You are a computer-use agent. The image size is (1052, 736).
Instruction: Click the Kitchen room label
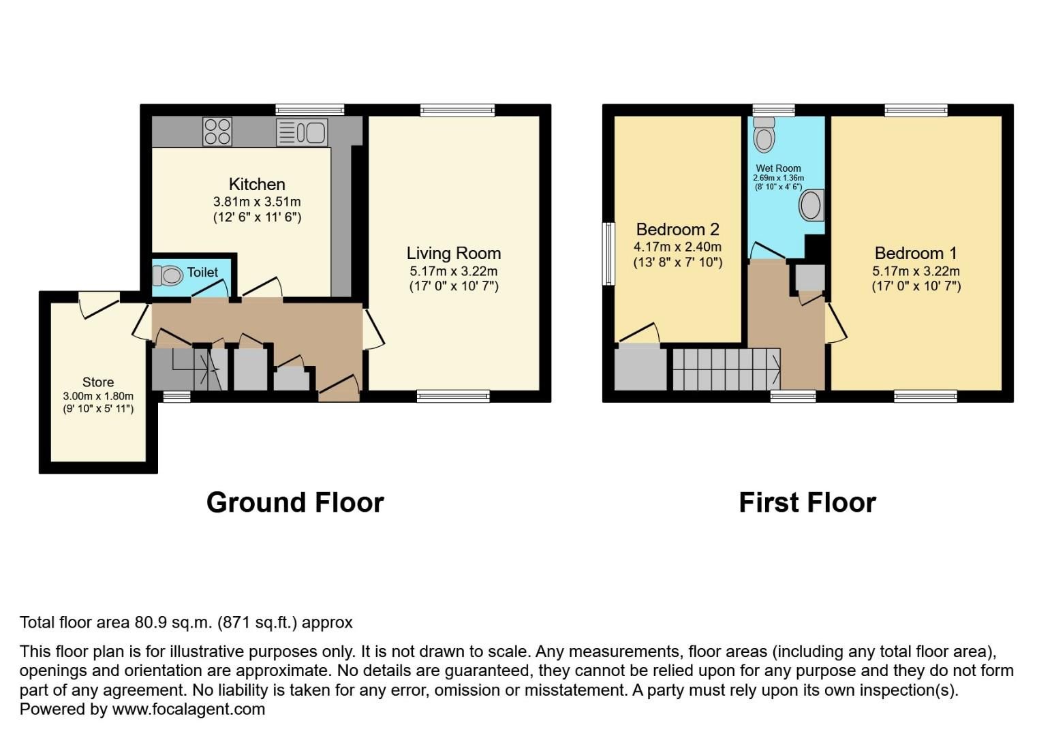pyautogui.click(x=257, y=185)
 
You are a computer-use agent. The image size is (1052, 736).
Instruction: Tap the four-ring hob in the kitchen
pyautogui.click(x=217, y=132)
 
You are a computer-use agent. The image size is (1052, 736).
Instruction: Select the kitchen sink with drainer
pyautogui.click(x=302, y=132)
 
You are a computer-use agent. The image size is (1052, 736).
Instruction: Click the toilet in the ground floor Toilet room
pyautogui.click(x=168, y=275)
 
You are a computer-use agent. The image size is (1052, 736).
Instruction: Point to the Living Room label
pyautogui.click(x=454, y=254)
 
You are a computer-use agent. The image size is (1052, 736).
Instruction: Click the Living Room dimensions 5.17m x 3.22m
pyautogui.click(x=454, y=271)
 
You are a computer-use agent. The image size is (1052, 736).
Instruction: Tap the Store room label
pyautogui.click(x=98, y=382)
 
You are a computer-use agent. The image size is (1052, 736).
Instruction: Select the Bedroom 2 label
pyautogui.click(x=677, y=230)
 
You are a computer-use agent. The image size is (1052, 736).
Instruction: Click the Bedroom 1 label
pyautogui.click(x=916, y=254)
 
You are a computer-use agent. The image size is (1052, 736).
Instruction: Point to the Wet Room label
pyautogui.click(x=778, y=168)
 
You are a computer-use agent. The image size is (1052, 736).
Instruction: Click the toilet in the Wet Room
pyautogui.click(x=764, y=136)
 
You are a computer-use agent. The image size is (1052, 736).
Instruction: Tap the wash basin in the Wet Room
pyautogui.click(x=811, y=205)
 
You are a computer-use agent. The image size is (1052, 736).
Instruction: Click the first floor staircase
pyautogui.click(x=725, y=369)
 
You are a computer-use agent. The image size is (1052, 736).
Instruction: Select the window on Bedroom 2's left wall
pyautogui.click(x=608, y=254)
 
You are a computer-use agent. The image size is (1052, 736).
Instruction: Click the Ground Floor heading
pyautogui.click(x=295, y=503)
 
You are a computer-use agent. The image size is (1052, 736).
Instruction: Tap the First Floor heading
pyautogui.click(x=807, y=503)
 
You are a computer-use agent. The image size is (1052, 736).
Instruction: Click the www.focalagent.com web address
pyautogui.click(x=188, y=709)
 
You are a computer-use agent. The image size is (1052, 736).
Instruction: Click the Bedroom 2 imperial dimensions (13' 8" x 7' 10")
pyautogui.click(x=677, y=262)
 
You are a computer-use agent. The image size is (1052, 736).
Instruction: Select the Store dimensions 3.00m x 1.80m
pyautogui.click(x=98, y=396)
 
